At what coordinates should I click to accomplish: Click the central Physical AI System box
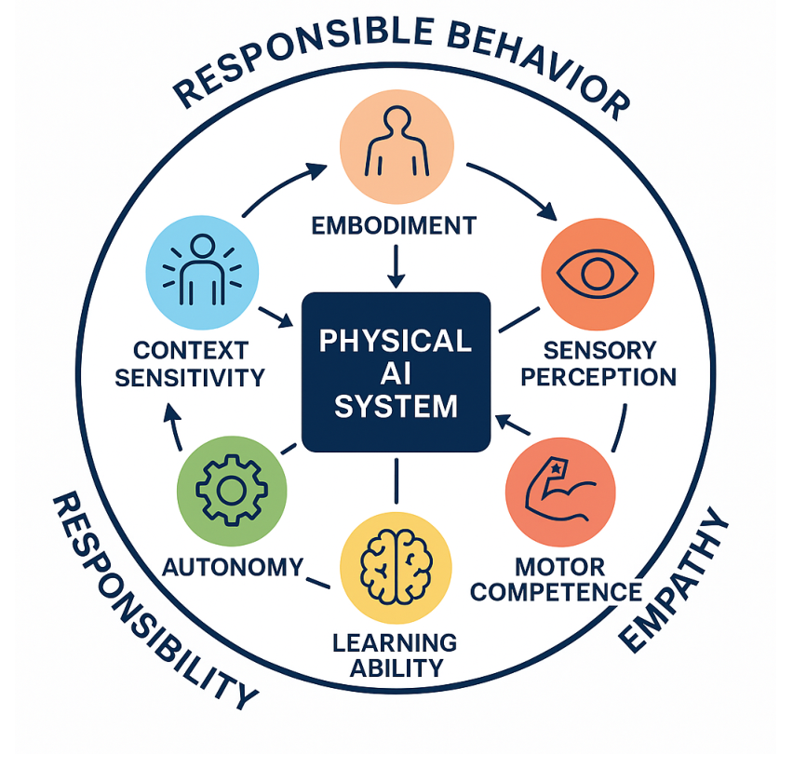[396, 371]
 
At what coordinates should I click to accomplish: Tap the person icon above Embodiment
[397, 141]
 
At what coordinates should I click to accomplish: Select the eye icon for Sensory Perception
[598, 274]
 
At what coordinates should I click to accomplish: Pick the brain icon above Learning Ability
[396, 567]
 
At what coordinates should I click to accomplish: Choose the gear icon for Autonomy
[232, 490]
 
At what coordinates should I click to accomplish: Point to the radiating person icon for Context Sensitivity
[202, 270]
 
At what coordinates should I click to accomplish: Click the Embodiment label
[394, 225]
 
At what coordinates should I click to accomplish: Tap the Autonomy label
[233, 567]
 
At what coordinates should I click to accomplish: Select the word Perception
[598, 377]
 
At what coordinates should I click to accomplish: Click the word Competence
[556, 592]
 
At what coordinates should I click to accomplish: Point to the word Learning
[395, 642]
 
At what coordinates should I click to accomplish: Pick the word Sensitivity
[190, 377]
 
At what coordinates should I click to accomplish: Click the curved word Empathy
[674, 579]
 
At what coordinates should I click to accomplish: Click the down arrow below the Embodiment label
[396, 266]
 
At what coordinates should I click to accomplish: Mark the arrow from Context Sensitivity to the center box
[276, 317]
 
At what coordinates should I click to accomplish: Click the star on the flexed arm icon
[556, 468]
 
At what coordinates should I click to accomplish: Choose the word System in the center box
[396, 406]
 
